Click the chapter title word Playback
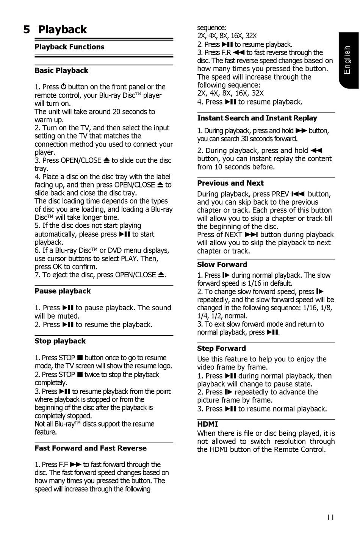click(x=63, y=30)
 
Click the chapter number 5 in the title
click(x=27, y=30)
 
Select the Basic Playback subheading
click(x=61, y=70)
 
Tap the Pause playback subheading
click(x=63, y=291)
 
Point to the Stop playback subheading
click(x=60, y=341)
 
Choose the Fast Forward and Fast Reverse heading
click(x=91, y=448)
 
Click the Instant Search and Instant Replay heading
click(x=257, y=118)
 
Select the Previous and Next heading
click(x=230, y=183)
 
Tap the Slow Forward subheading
click(x=222, y=264)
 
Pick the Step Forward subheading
click(x=221, y=348)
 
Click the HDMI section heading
click(x=208, y=424)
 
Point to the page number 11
click(x=330, y=518)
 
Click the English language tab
click(x=347, y=60)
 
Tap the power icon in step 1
click(x=63, y=87)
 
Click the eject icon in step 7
click(x=161, y=275)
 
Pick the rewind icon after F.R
click(x=239, y=53)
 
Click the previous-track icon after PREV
click(x=298, y=194)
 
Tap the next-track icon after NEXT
click(x=251, y=235)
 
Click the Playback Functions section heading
click(x=69, y=47)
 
